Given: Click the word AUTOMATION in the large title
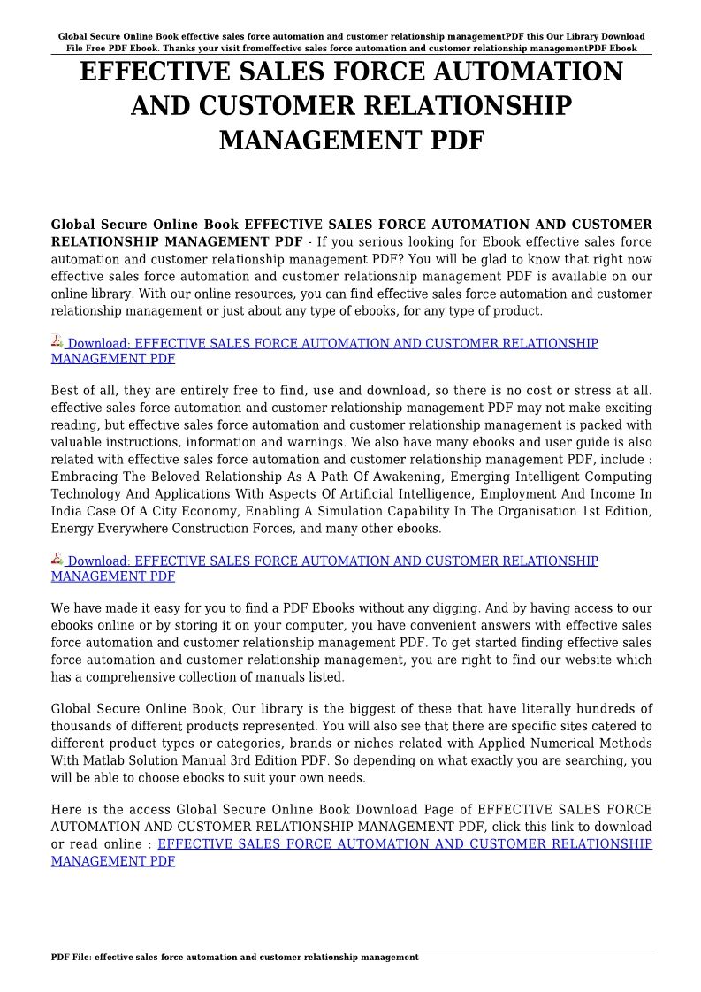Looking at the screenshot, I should pos(518,72).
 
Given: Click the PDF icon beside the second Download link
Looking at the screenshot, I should pos(57,560).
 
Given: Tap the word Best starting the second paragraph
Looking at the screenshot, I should pos(65,391).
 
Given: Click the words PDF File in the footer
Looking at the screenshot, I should pos(71,958).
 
